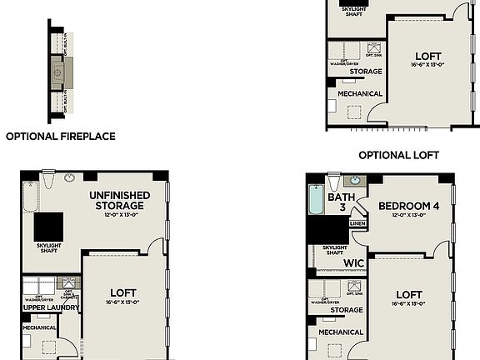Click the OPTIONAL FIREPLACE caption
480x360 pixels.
tap(60, 136)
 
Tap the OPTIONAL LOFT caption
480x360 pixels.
tap(398, 155)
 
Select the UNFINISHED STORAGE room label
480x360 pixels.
tap(120, 200)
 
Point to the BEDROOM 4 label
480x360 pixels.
tap(408, 206)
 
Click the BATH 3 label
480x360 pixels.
tap(341, 202)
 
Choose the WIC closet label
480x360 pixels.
tap(354, 262)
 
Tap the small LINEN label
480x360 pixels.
tap(357, 223)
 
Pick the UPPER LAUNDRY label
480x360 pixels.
tap(51, 307)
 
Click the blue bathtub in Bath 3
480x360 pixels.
tap(315, 201)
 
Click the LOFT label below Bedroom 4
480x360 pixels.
tap(408, 294)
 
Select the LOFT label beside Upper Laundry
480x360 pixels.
tap(123, 292)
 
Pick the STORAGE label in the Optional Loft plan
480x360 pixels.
tap(365, 72)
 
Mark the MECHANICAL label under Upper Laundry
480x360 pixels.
tap(39, 327)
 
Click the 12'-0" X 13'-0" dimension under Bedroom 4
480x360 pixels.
tap(408, 216)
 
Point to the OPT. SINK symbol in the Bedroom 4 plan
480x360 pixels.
tap(355, 288)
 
